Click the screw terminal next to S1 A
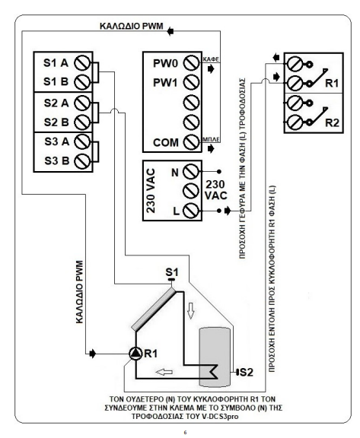tap(82, 63)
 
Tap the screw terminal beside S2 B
tap(82, 122)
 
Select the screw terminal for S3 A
tap(82, 141)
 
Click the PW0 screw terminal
tap(192, 63)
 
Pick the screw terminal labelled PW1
tap(192, 82)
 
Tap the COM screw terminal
tap(192, 142)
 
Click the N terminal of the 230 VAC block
tap(192, 171)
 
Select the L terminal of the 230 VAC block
tap(192, 211)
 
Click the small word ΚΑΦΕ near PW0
tap(211, 59)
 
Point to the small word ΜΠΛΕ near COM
tap(211, 139)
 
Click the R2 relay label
tap(332, 122)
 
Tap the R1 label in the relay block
tap(332, 83)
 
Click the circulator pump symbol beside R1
tap(135, 354)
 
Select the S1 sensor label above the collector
tap(171, 272)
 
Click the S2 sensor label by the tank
tap(247, 372)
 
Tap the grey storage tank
tap(215, 357)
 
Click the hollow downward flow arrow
tap(190, 310)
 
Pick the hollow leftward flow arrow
tap(164, 372)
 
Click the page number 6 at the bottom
tap(185, 433)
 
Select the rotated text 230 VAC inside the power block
tap(151, 191)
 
